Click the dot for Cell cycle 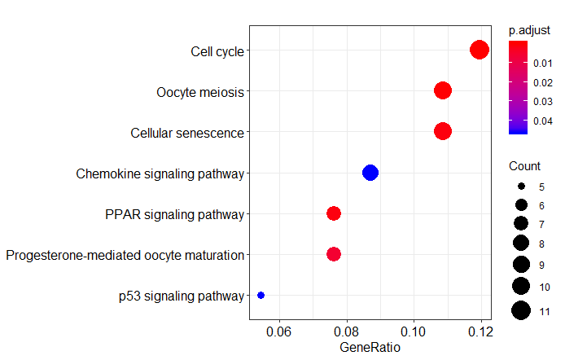480,50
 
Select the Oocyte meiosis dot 443,90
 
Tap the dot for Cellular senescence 443,131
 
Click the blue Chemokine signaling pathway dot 370,172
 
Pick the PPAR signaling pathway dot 334,213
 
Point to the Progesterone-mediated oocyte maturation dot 334,254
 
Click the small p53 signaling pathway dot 261,295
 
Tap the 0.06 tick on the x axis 280,331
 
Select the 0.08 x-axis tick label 347,331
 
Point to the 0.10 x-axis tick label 414,331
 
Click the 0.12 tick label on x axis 480,331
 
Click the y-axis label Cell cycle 217,51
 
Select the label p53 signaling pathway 180,296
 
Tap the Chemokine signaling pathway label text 160,173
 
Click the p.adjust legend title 529,30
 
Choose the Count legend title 524,166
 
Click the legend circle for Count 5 521,187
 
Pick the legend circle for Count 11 521,310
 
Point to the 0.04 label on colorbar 543,121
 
